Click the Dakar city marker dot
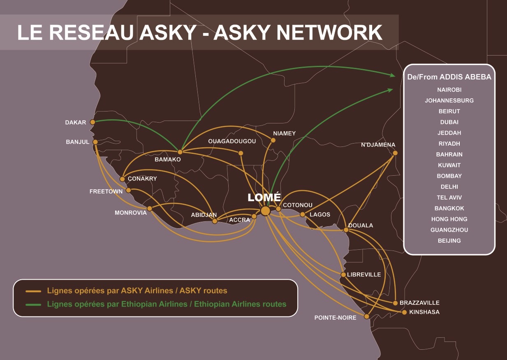click(93, 122)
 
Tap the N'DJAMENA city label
click(378, 145)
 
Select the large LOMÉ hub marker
click(265, 211)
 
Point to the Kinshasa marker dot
click(404, 312)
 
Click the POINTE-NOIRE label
click(335, 318)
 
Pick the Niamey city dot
click(273, 140)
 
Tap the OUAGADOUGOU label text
click(232, 141)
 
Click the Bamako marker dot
click(180, 152)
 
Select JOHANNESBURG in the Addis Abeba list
click(449, 100)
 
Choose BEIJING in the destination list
click(449, 241)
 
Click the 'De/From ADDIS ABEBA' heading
click(449, 77)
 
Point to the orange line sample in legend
click(33, 291)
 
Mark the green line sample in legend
click(33, 304)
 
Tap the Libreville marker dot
click(343, 275)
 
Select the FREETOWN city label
click(106, 192)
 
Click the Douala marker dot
click(346, 230)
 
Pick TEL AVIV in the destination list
click(449, 197)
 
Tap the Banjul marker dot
click(95, 142)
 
